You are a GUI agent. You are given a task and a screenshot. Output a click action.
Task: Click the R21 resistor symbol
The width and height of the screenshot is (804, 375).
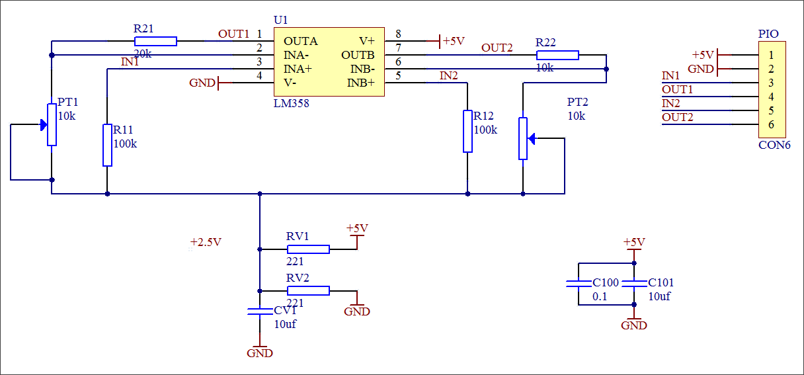pos(155,42)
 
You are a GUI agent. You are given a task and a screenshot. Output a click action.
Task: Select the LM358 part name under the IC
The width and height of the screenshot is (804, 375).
pos(291,104)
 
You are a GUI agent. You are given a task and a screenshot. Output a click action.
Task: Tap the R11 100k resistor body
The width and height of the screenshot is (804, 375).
pos(108,145)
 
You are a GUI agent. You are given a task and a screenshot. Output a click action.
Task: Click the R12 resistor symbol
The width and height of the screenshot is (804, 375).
pos(467,131)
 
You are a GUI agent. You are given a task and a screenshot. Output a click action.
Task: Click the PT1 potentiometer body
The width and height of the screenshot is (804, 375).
pos(52,124)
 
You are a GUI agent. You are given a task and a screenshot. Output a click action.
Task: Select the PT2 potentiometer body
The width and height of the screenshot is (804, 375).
pos(523,138)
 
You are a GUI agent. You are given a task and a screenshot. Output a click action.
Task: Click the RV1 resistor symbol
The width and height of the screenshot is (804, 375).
pos(308,249)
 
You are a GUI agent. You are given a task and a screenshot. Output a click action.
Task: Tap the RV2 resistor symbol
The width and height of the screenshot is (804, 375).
pos(308,290)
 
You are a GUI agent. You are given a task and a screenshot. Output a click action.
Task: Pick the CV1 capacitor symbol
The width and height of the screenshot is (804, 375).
pos(260,311)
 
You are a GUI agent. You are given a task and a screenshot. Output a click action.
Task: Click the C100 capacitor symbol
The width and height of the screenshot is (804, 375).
pos(579,284)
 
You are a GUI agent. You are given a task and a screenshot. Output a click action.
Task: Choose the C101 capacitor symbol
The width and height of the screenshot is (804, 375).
pos(634,284)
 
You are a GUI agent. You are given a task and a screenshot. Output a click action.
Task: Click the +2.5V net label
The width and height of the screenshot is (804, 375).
pos(206,242)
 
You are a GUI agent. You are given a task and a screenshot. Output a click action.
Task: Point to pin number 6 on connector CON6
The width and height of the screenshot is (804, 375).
pos(771,124)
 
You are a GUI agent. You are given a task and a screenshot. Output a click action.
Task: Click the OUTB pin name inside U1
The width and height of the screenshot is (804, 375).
pos(358,55)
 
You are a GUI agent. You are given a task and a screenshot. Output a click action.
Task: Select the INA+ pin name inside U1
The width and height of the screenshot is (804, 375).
pos(298,69)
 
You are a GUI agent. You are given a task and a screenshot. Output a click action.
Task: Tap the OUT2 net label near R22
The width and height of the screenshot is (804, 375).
pos(497,48)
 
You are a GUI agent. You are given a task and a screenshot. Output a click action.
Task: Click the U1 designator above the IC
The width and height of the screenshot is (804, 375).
pos(280,21)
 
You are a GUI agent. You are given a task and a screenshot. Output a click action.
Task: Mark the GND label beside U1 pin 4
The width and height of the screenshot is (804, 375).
pos(202,83)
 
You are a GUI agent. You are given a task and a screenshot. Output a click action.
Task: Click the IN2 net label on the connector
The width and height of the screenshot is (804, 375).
pos(671,103)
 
